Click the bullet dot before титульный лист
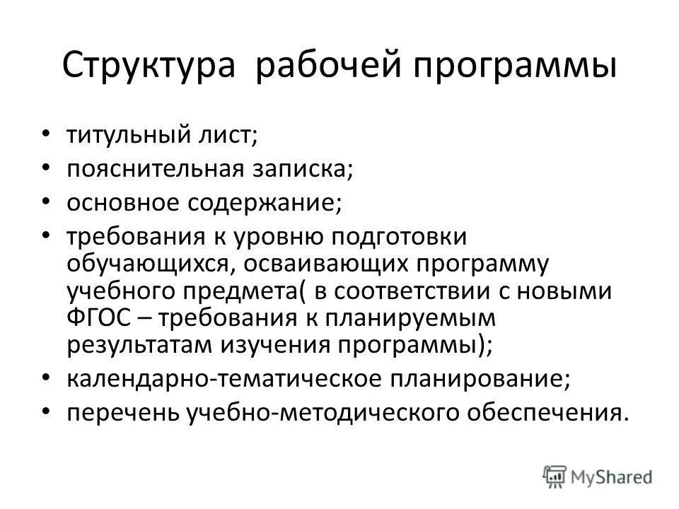[x=47, y=133]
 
